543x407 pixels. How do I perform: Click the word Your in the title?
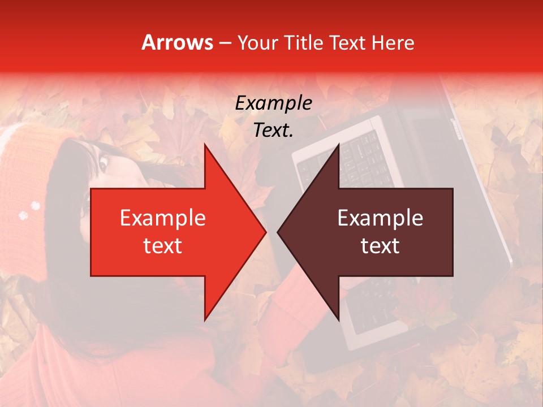coord(258,42)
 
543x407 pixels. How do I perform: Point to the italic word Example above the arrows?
coord(273,103)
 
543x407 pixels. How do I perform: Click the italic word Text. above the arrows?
coord(273,131)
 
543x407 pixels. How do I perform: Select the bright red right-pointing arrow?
coord(170,232)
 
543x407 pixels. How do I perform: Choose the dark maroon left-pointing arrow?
coord(385,232)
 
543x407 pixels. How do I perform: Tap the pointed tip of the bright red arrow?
coord(264,232)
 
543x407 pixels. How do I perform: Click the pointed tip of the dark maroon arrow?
coord(279,232)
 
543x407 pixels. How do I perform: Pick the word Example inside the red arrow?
coord(162,218)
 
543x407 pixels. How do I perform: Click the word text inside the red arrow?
coord(162,246)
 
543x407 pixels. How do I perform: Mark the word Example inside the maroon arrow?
coord(380,218)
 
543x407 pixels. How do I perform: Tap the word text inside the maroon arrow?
coord(380,246)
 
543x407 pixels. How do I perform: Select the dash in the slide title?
coord(224,43)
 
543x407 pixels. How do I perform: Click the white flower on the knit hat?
coord(24,214)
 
